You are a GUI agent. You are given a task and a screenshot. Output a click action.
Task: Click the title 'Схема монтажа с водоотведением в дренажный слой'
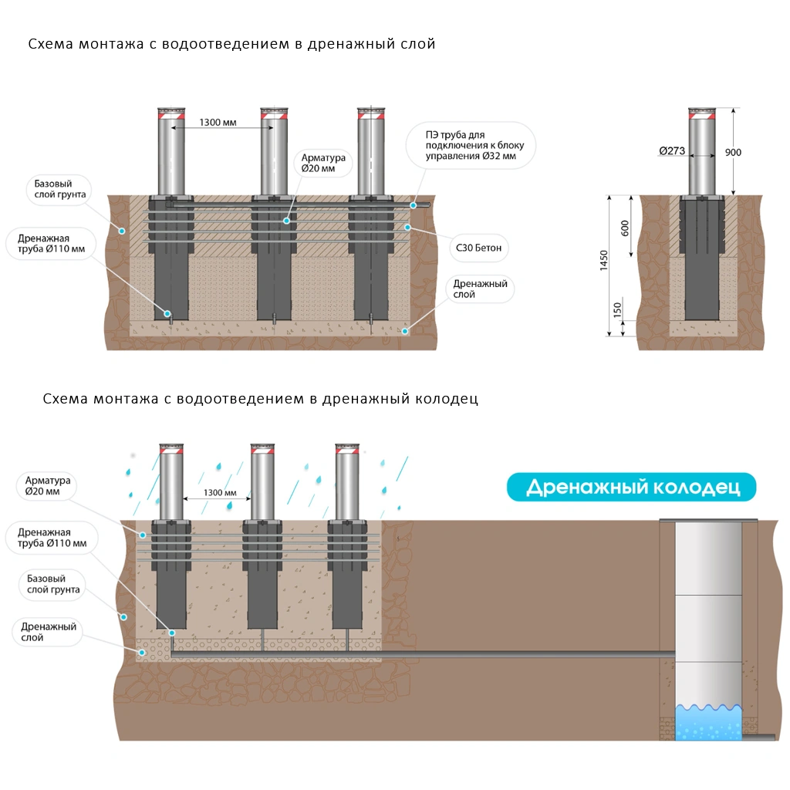click(231, 44)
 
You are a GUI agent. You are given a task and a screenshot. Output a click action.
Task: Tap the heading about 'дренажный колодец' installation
click(260, 399)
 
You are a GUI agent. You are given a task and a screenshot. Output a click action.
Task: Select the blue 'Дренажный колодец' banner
click(632, 488)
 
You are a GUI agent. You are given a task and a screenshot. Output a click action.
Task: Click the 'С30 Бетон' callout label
click(479, 248)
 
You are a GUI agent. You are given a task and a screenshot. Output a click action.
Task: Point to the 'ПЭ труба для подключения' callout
click(470, 146)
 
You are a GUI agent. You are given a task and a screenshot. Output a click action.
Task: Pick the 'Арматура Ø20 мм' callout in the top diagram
click(322, 164)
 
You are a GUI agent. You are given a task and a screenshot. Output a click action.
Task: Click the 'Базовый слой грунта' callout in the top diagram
click(59, 189)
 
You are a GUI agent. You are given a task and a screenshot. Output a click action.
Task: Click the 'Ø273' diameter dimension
click(672, 151)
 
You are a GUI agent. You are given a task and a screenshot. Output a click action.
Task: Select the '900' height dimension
click(733, 153)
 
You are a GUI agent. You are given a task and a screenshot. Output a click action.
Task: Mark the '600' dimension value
click(625, 229)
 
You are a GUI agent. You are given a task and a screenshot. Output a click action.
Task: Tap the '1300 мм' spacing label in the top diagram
click(218, 122)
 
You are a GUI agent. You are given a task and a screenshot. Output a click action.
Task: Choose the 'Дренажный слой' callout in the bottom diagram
click(49, 632)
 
